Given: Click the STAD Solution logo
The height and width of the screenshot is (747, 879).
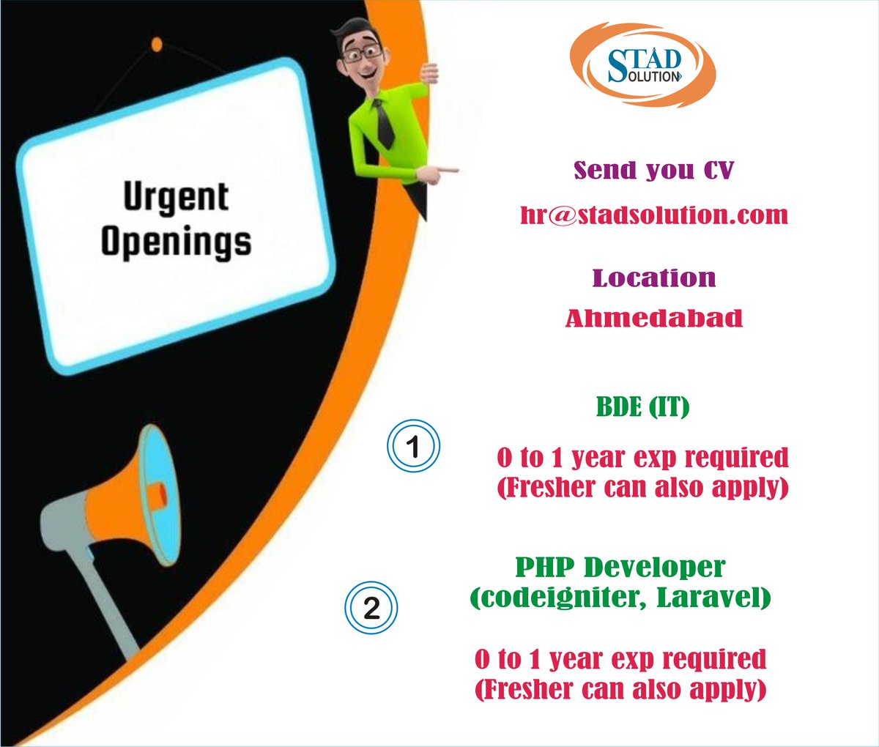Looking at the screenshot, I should [x=642, y=64].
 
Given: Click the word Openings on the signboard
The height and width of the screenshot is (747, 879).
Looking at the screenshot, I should [x=176, y=242].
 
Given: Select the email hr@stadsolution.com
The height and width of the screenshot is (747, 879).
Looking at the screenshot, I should [x=654, y=215].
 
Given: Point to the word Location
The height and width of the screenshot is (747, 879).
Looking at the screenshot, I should [x=654, y=278].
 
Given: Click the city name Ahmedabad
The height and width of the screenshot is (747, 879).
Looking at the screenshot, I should [x=654, y=318].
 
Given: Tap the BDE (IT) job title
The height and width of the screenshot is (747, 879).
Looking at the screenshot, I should [x=643, y=406].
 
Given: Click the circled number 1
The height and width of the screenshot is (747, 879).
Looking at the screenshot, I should [x=413, y=446].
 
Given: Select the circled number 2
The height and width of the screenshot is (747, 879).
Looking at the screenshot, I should [x=371, y=607].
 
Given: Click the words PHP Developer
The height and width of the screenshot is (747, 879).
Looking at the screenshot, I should [x=620, y=567].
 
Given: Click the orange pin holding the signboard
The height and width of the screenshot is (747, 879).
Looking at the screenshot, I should [x=156, y=45].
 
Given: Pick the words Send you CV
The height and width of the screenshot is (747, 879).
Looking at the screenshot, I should [x=653, y=170].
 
